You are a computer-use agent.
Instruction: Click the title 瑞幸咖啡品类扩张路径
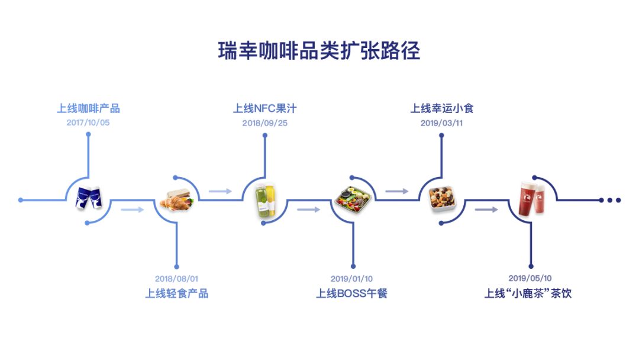point(319,51)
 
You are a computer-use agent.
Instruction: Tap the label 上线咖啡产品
point(88,108)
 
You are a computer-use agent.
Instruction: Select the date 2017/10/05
point(88,123)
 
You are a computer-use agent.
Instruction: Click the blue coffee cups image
point(89,198)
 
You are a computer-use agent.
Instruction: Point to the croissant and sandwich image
point(177,200)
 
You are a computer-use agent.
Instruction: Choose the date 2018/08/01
point(176,279)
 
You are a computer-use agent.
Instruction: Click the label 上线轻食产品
point(177,293)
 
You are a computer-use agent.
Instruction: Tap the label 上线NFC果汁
point(265,108)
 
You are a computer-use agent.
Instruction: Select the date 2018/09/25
point(265,123)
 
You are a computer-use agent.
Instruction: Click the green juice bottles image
point(266,200)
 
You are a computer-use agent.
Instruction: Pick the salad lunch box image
point(353,200)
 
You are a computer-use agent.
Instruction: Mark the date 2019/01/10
point(351,279)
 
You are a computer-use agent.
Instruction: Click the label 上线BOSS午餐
point(351,293)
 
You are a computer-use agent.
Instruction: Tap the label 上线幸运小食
point(442,108)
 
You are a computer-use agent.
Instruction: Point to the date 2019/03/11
point(442,123)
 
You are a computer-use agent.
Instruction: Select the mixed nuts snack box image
point(442,200)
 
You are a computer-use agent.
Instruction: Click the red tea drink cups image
point(532,199)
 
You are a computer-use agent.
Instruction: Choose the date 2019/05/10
point(530,278)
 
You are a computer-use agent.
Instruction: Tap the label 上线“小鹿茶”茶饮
point(528,293)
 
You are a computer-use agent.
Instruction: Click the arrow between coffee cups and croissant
point(133,210)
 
